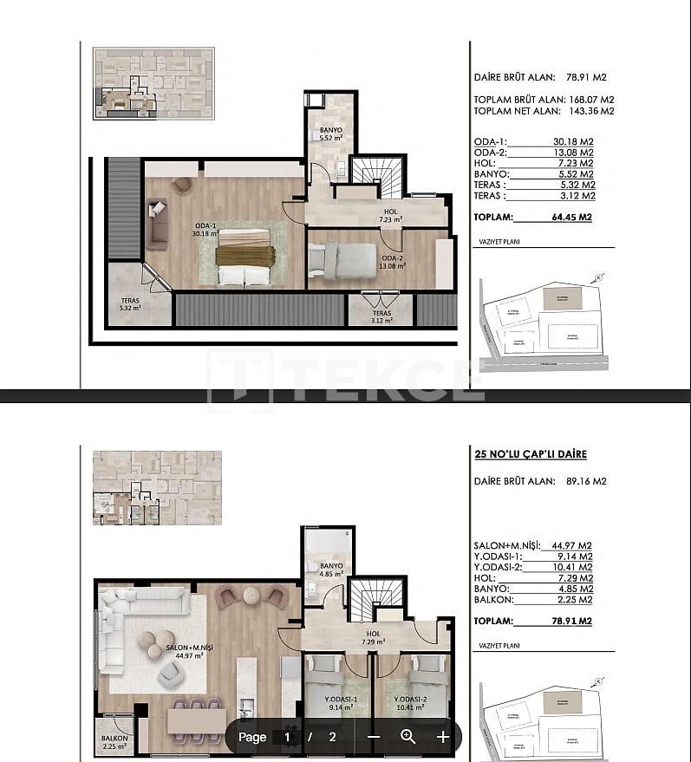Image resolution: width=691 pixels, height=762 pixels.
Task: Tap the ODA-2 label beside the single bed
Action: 393,261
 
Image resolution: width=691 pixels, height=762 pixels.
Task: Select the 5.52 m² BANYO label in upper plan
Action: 330,134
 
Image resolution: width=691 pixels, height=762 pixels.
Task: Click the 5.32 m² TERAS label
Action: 130,303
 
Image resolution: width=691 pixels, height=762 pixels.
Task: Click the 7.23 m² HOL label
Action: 390,216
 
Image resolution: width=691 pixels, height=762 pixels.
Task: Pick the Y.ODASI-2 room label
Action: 412,704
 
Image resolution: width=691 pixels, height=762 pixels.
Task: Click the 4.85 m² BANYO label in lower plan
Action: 330,570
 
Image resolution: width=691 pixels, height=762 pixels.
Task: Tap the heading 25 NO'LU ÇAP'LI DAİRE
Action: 531,454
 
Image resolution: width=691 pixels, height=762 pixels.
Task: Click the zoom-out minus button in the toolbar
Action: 374,737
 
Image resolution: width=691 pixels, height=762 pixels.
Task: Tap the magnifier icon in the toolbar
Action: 408,737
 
